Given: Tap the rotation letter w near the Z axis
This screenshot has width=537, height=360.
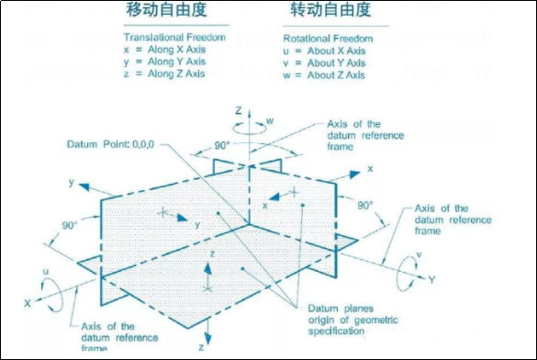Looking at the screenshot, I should pos(270,118).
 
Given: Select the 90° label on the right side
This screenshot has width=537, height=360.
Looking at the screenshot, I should pos(364,205).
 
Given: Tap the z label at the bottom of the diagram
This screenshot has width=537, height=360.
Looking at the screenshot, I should pos(201,347).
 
